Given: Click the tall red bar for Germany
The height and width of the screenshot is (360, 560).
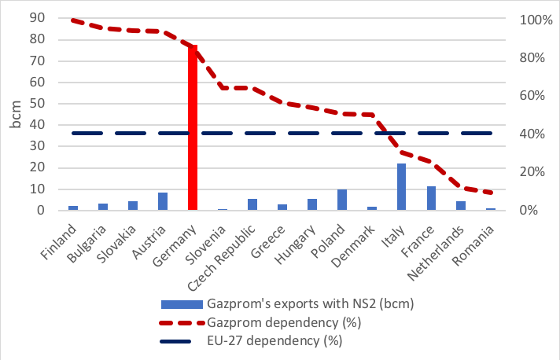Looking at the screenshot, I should pos(193,130).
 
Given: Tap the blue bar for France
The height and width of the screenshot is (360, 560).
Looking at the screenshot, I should pos(431,198).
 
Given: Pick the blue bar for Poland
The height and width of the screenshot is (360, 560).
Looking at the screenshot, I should pos(341,200).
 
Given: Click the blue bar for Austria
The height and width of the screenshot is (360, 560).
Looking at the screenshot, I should pos(163,201).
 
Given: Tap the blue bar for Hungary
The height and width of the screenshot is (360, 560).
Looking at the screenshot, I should pos(311,204).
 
